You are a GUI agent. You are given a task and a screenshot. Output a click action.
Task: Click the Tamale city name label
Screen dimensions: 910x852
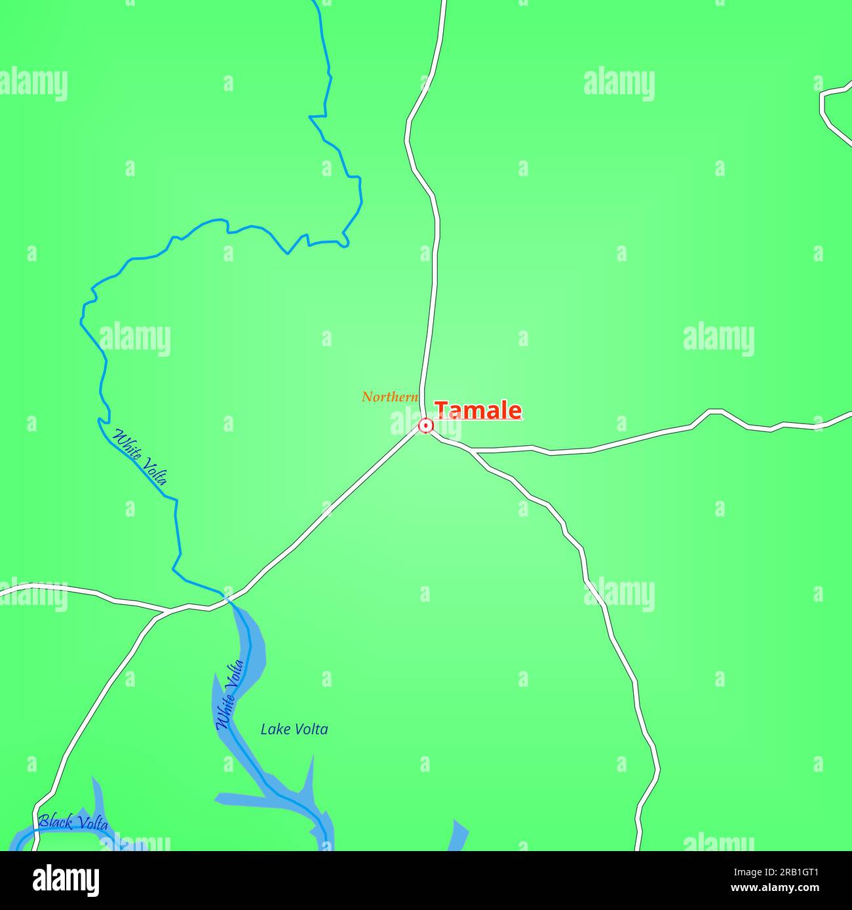[x=478, y=410]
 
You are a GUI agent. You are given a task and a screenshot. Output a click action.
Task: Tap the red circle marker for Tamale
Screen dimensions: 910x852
[x=426, y=426]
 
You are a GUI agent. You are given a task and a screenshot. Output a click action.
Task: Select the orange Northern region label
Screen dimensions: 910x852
[x=389, y=397]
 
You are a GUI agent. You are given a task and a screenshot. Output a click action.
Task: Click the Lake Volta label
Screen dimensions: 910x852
[x=294, y=729]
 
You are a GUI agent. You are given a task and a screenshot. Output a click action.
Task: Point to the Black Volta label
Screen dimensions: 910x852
[x=73, y=823]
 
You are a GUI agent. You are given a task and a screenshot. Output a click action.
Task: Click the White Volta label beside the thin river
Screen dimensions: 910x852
[x=140, y=456]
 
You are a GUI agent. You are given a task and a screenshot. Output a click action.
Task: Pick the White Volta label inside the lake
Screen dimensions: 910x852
[x=229, y=695]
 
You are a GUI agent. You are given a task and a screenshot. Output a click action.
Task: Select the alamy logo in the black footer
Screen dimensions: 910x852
[x=66, y=880]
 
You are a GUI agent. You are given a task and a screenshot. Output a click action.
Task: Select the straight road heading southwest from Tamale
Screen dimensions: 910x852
[x=328, y=511]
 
